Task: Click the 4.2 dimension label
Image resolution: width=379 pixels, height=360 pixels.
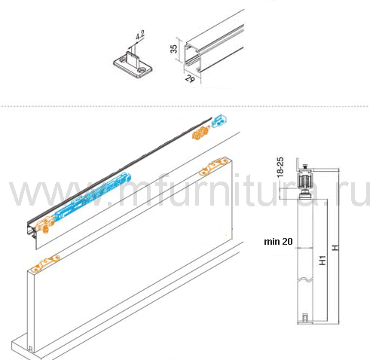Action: coord(140,35)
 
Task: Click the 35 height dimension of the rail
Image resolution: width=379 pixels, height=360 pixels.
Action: coord(173,49)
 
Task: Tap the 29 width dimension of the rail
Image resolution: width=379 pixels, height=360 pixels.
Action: coord(190,78)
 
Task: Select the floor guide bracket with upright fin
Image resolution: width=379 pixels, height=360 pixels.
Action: coord(133,65)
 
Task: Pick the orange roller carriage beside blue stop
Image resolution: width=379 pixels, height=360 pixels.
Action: coord(200,133)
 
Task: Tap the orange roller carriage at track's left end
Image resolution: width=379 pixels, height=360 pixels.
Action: coord(44,225)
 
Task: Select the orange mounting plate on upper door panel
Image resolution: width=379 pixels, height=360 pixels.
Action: coord(213,167)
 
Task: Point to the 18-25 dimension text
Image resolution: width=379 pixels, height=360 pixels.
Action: coord(280,167)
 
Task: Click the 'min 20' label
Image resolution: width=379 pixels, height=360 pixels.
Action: coord(278,242)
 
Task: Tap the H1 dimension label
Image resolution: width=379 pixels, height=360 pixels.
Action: coord(322,261)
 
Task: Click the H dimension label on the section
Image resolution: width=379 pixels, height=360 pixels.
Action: coord(335,248)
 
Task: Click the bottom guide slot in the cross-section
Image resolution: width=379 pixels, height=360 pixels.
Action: coord(304,318)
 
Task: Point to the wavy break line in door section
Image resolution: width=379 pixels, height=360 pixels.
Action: coord(305,279)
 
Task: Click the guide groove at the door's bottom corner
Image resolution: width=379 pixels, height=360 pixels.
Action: coord(30,349)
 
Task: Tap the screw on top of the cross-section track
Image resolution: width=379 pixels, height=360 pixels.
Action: coord(305,166)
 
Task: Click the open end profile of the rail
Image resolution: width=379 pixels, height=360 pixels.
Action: coord(193,57)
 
